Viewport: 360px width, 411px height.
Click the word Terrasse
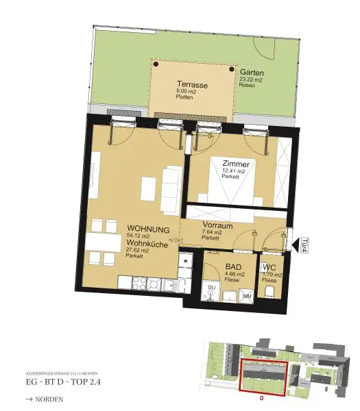point(193,84)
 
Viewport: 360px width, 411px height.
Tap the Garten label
point(252,72)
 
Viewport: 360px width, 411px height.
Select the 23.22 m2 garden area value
point(252,80)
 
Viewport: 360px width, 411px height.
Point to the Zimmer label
point(235,164)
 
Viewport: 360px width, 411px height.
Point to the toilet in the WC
point(269,292)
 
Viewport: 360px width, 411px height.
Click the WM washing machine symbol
point(246,295)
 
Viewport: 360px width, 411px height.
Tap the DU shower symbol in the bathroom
point(212,288)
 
